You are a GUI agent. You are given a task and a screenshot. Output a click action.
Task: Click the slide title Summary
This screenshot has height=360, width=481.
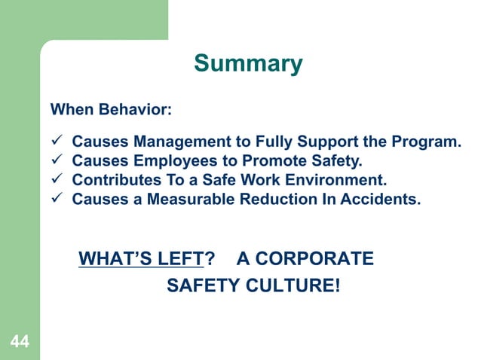pos(248,63)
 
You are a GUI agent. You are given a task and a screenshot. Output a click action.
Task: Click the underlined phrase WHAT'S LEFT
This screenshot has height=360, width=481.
pos(142,259)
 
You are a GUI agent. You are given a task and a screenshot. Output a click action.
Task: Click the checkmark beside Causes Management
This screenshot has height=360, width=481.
pos(55,141)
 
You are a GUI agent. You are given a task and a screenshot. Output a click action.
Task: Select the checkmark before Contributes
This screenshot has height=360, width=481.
pos(55,181)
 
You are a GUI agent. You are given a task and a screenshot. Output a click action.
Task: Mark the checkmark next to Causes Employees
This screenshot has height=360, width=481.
pos(55,160)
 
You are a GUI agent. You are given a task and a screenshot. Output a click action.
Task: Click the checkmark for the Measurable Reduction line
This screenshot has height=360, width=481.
pos(55,200)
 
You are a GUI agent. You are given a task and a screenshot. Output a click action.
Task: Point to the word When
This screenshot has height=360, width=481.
pos(66,111)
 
